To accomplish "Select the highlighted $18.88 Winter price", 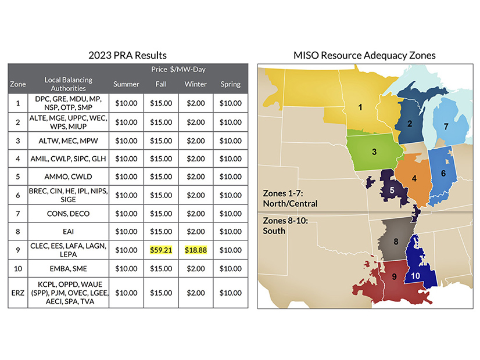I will (196, 250).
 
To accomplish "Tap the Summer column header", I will (126, 84).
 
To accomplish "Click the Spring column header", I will (231, 84).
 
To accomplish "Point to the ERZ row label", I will (18, 293).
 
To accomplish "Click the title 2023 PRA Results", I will (127, 55).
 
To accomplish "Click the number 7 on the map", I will (446, 126).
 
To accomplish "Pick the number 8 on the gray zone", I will (395, 241).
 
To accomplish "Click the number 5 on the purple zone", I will (392, 189).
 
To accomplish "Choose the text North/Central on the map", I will (289, 204).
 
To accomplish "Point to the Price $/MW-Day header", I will (178, 70).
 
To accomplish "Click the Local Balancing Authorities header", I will (68, 84).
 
